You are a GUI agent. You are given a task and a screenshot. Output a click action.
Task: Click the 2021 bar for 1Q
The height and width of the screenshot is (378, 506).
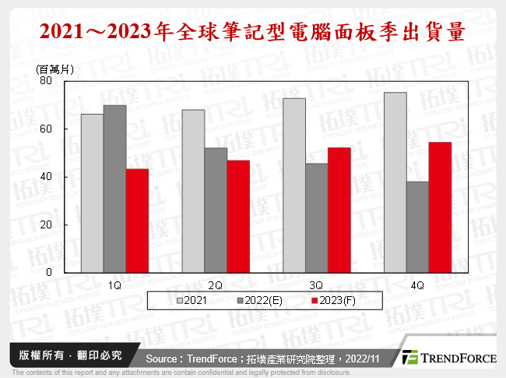click(92, 193)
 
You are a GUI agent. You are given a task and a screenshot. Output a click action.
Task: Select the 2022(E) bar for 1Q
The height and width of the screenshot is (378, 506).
click(114, 189)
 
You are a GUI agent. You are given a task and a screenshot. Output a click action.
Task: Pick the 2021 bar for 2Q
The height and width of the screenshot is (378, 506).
click(193, 191)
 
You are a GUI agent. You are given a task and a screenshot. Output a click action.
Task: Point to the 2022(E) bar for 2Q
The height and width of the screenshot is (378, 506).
click(216, 210)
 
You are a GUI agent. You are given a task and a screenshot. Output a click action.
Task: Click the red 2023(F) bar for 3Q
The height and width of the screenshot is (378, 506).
click(339, 210)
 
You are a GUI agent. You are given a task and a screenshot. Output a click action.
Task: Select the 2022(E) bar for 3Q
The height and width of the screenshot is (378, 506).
click(317, 217)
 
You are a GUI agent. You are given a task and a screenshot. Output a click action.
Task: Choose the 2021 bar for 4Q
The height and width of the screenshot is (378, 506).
click(395, 182)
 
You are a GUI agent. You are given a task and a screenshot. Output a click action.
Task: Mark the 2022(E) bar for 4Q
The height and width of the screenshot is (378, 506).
click(417, 227)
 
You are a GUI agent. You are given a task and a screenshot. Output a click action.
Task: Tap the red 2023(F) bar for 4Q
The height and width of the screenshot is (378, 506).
click(440, 207)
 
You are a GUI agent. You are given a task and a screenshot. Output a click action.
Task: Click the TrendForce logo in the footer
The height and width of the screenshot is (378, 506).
click(449, 357)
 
